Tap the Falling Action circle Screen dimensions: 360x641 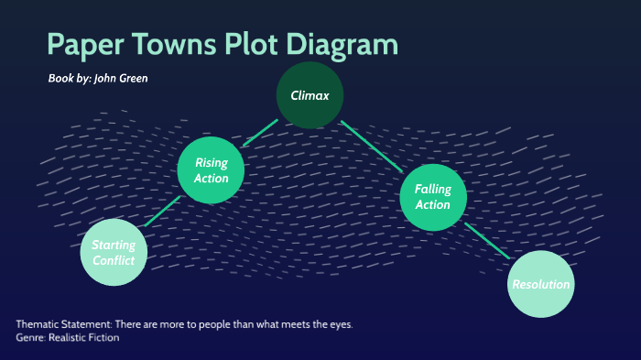[433, 197]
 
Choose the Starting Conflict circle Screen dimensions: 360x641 [114, 253]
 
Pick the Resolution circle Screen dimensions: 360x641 [540, 284]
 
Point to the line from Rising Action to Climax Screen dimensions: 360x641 [259, 133]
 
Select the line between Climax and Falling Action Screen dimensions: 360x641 [372, 146]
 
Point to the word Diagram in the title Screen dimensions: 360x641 [343, 47]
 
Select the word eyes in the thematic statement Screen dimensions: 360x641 [338, 325]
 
